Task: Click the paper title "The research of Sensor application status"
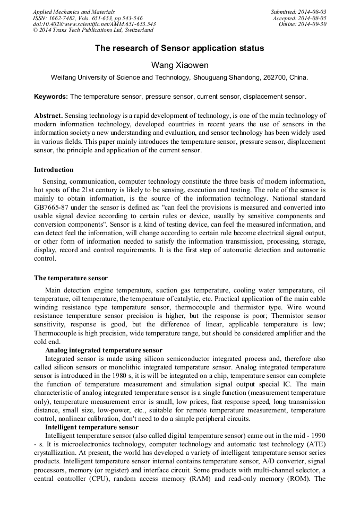click(x=179, y=48)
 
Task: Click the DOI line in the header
click(x=94, y=24)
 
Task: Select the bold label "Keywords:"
click(x=51, y=97)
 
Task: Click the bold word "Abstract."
click(x=49, y=115)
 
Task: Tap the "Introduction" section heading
click(x=54, y=170)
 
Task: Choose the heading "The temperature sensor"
click(x=71, y=278)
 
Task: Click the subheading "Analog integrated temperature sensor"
click(x=104, y=350)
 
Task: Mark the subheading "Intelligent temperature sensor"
click(x=92, y=427)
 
